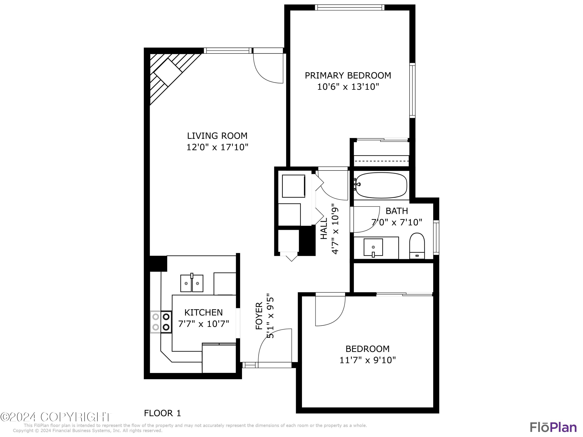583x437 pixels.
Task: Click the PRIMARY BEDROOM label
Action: (x=348, y=76)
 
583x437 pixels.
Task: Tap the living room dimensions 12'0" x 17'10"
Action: (x=217, y=147)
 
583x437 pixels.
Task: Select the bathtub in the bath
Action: (x=381, y=185)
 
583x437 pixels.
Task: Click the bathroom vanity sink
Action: (x=373, y=247)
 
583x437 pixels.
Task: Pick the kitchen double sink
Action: (x=192, y=283)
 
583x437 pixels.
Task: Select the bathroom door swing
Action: (x=365, y=219)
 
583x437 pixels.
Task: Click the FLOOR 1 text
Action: (x=162, y=413)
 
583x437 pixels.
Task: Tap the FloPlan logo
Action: (x=553, y=427)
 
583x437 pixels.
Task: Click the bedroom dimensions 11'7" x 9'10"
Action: (x=367, y=360)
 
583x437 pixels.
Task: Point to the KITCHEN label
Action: (x=203, y=312)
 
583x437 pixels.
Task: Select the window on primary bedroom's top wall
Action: (x=349, y=7)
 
